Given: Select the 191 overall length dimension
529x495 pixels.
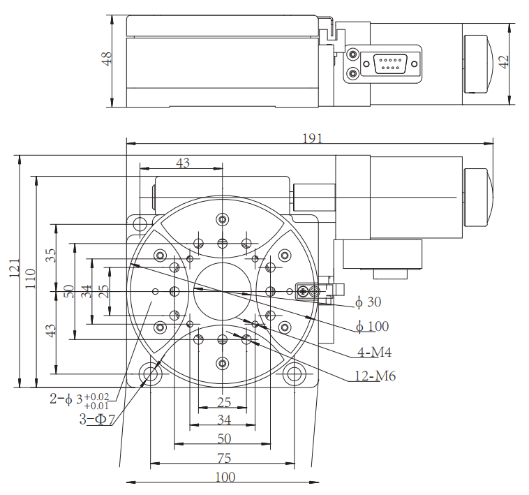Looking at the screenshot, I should click(312, 138).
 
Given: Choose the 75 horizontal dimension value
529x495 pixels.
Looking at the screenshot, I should click(223, 458).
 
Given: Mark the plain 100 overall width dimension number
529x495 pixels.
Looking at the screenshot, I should click(225, 478).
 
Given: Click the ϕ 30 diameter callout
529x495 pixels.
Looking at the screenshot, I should click(368, 302).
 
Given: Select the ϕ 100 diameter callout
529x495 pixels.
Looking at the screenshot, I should click(371, 326).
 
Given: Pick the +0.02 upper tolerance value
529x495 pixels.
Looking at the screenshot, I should click(97, 396).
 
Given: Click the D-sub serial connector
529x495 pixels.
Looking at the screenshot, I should click(391, 64).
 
